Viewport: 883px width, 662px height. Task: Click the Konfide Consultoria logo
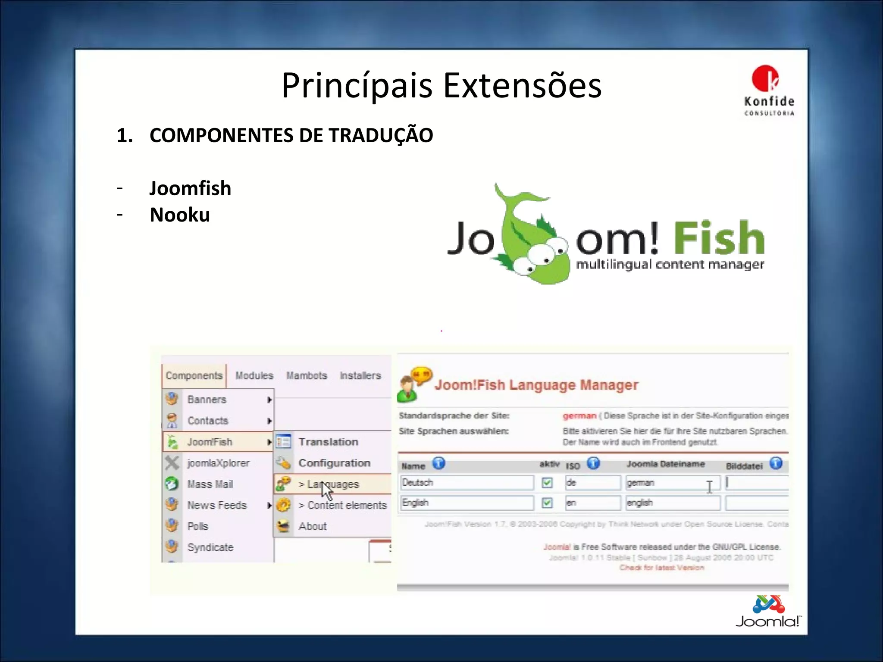769,90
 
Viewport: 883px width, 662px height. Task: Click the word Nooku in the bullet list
179,215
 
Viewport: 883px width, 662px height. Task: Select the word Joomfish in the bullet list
190,188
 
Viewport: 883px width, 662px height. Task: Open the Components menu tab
194,376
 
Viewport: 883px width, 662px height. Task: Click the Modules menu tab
254,376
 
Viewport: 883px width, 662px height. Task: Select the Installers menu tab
360,376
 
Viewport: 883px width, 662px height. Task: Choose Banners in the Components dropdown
207,400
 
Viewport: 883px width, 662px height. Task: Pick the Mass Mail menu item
210,484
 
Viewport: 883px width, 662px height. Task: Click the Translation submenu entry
328,442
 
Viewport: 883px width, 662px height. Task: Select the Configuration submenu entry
334,463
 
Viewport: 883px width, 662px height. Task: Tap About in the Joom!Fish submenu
313,526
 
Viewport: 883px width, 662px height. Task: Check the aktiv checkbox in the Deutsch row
547,483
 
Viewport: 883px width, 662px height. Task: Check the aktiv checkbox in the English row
547,503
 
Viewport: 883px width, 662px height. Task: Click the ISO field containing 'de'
592,483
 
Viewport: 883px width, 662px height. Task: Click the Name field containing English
467,503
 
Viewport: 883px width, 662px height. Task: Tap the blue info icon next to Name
438,463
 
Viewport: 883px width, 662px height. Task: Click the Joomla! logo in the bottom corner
768,612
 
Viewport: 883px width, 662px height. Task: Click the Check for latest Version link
661,568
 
